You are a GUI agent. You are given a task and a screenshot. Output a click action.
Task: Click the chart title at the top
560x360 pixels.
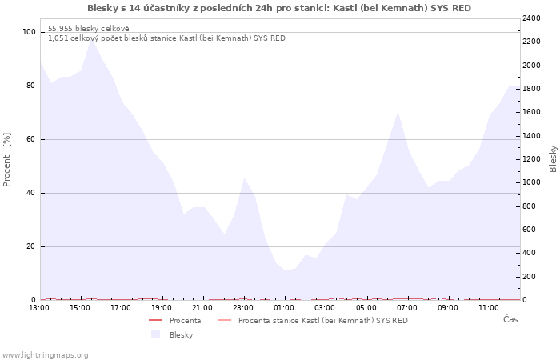pyautogui.click(x=279, y=8)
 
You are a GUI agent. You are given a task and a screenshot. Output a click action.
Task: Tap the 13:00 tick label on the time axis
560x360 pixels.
pyautogui.click(x=39, y=308)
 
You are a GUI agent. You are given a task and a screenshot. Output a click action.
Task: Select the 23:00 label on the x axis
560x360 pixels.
pyautogui.click(x=243, y=308)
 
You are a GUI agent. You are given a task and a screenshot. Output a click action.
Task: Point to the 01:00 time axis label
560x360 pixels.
pyautogui.click(x=284, y=308)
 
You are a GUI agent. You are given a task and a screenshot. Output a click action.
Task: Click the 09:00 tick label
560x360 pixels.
pyautogui.click(x=448, y=308)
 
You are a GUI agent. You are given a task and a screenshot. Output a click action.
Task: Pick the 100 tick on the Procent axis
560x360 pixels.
pyautogui.click(x=29, y=32)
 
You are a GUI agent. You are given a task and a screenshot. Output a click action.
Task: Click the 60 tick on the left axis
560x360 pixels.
pyautogui.click(x=30, y=139)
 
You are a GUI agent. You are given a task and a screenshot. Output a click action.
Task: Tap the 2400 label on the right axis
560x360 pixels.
pyautogui.click(x=531, y=18)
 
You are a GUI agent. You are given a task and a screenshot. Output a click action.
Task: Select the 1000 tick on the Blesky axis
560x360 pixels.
pyautogui.click(x=531, y=182)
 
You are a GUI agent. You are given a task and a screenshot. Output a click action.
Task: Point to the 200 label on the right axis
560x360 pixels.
pyautogui.click(x=530, y=277)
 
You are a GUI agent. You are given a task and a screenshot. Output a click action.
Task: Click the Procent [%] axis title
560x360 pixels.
pyautogui.click(x=6, y=160)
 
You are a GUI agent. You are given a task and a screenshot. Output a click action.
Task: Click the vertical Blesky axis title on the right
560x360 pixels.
pyautogui.click(x=553, y=159)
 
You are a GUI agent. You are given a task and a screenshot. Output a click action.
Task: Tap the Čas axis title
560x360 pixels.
pyautogui.click(x=510, y=319)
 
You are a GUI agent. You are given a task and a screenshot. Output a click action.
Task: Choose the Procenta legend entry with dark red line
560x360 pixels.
pyautogui.click(x=175, y=320)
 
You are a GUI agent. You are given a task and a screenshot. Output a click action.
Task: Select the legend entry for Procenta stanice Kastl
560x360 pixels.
pyautogui.click(x=313, y=320)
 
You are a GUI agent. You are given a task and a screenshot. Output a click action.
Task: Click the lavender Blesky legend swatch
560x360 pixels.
pyautogui.click(x=155, y=334)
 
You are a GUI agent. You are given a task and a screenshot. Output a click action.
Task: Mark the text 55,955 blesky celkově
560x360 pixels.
pyautogui.click(x=89, y=29)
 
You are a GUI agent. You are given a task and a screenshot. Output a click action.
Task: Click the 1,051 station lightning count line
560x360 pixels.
pyautogui.click(x=166, y=38)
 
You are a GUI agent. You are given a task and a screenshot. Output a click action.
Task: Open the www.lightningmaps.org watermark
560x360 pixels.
pyautogui.click(x=45, y=355)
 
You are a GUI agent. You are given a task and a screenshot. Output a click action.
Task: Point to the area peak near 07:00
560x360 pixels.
pyautogui.click(x=398, y=112)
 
